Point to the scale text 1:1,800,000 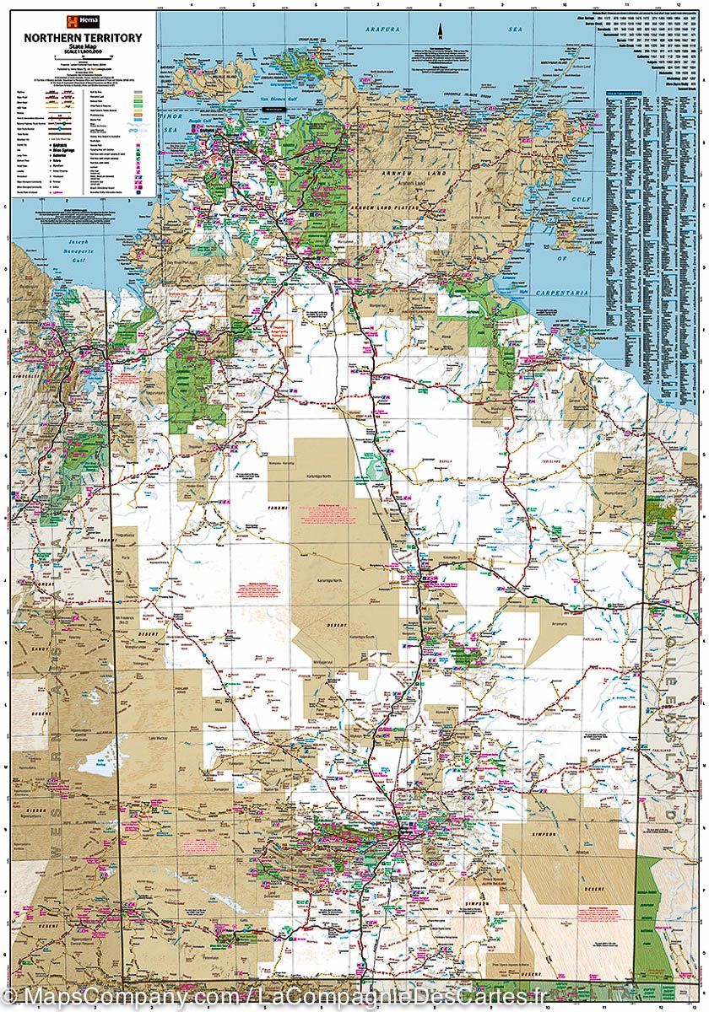click(x=82, y=55)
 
